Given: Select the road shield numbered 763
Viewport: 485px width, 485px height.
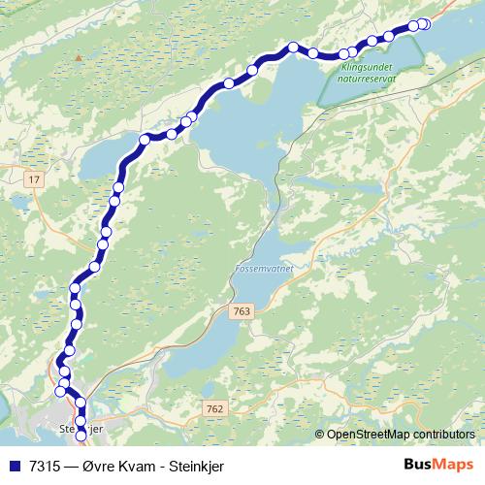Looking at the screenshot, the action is [242, 310].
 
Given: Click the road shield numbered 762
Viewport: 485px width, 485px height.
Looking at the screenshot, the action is [215, 410].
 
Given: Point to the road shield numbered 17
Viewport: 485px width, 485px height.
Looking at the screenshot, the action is [35, 180].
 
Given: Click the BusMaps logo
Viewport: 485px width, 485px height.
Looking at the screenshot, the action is [439, 465].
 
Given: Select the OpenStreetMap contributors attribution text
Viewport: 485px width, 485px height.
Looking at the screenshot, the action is [401, 435].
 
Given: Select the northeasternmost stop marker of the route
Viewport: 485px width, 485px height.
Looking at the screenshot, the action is [424, 24].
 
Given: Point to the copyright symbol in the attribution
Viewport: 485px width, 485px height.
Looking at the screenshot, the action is [320, 435].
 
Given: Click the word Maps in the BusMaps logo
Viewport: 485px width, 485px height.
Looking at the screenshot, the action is [453, 465].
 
